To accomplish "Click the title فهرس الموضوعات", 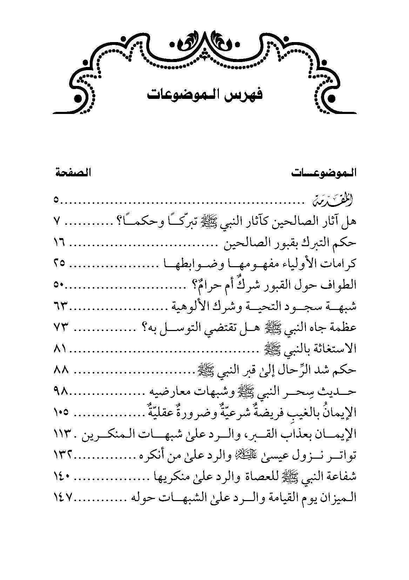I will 204,95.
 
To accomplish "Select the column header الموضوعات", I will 323,173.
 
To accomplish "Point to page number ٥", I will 56,201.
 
